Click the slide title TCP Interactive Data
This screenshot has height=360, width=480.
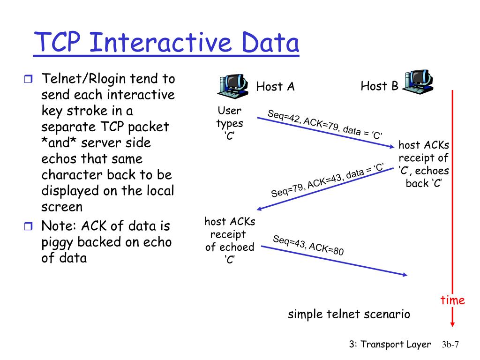pyautogui.click(x=166, y=43)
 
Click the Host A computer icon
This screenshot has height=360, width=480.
pyautogui.click(x=233, y=85)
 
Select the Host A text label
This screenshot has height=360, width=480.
pyautogui.click(x=275, y=87)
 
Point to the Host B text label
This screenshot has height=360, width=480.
pyautogui.click(x=379, y=86)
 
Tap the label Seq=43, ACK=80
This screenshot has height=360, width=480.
pyautogui.click(x=308, y=245)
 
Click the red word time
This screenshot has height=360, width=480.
pyautogui.click(x=452, y=300)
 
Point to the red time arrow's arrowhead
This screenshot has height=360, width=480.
pyautogui.click(x=452, y=323)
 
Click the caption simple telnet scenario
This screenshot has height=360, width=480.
pyautogui.click(x=349, y=314)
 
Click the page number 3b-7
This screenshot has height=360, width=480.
pyautogui.click(x=450, y=345)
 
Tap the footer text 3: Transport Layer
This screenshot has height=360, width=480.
pyautogui.click(x=390, y=345)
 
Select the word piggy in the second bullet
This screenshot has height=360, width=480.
pyautogui.click(x=58, y=242)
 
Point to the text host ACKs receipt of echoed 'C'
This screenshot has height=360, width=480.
pyautogui.click(x=230, y=240)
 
